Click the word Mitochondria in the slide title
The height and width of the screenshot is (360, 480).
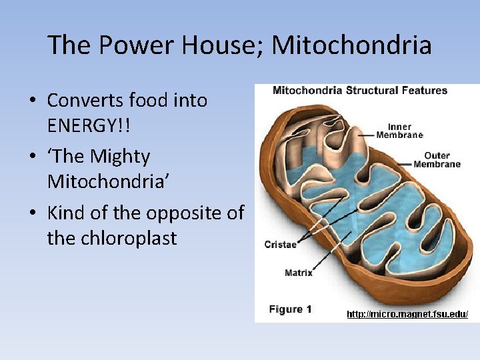351,46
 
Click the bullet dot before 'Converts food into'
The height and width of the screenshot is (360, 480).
32,101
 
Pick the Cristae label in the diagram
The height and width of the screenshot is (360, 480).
281,245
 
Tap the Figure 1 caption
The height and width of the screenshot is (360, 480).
290,309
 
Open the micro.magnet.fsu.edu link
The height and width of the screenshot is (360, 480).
407,313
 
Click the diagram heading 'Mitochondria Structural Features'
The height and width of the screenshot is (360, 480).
360,91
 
